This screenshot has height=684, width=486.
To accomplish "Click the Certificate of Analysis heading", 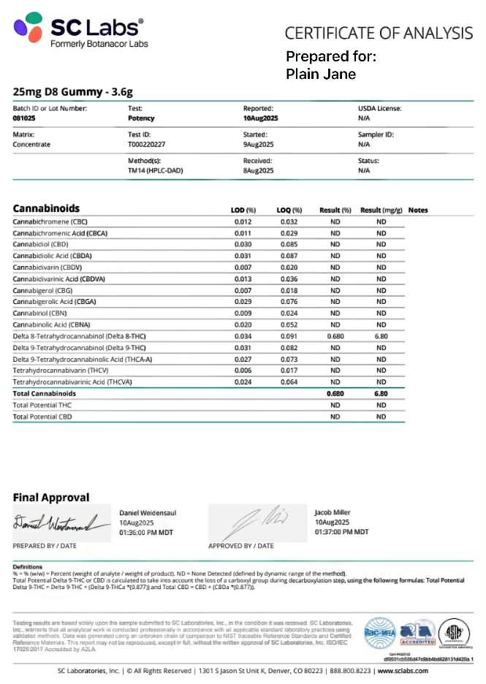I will pos(379,33).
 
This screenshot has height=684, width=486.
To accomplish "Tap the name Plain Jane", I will pos(321,74).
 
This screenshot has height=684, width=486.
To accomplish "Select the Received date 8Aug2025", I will pos(258,170).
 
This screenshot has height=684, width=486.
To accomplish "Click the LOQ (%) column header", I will pos(291,210).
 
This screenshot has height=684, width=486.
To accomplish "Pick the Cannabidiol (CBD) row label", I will pos(40,244).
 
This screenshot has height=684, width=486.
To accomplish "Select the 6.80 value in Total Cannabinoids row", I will pos(381,393).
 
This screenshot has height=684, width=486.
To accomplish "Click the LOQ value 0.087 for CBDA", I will pos(289,256).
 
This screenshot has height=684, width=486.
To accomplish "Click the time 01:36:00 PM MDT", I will pos(146,532).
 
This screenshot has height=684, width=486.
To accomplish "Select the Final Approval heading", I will pos(51,498).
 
